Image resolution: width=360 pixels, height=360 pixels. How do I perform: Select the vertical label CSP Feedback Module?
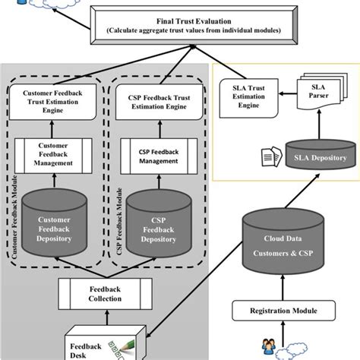118,221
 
